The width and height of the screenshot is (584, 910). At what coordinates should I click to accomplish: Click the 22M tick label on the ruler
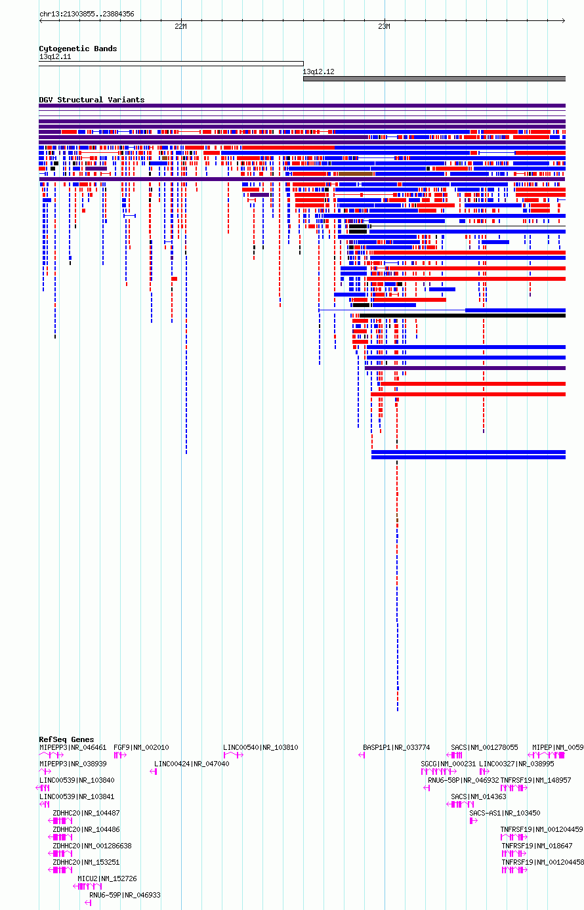click(180, 26)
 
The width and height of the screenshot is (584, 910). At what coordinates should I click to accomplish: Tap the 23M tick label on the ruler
click(384, 26)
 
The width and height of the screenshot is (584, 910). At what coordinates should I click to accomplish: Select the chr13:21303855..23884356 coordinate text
click(87, 14)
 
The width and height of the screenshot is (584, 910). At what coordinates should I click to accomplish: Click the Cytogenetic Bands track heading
click(77, 49)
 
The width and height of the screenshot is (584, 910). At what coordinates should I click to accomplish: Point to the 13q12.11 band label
click(55, 56)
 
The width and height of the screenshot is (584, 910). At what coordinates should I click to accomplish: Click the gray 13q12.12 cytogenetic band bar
click(434, 79)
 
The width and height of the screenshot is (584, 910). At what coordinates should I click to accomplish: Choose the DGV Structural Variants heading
click(91, 100)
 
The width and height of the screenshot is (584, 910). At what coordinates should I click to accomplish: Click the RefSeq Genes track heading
click(66, 739)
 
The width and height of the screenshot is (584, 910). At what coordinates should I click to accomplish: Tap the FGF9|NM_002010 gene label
click(141, 747)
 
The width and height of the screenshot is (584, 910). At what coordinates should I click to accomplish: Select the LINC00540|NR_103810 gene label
click(261, 747)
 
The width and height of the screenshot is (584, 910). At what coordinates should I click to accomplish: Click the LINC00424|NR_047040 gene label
click(192, 764)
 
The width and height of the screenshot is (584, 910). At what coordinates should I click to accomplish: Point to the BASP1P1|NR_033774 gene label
click(396, 747)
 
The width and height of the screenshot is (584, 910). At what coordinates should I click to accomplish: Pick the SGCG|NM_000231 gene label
click(448, 764)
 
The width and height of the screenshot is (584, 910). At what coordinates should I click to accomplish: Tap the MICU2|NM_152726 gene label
click(108, 879)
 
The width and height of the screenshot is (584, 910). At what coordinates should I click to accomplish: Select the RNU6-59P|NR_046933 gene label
click(125, 895)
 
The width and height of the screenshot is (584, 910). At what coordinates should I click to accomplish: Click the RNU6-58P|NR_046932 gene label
click(463, 780)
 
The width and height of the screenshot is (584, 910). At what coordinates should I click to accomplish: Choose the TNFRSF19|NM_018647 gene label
click(537, 846)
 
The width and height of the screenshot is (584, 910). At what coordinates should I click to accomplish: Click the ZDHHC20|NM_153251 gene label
click(86, 862)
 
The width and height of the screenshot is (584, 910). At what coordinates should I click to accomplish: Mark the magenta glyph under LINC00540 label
click(234, 755)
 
